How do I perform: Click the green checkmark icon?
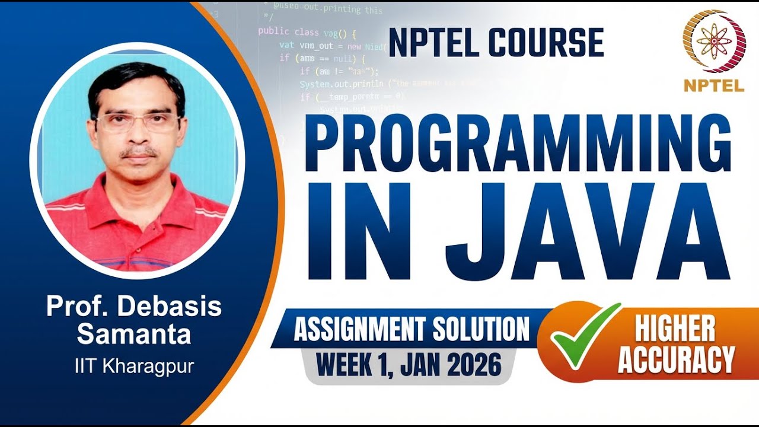tap(584, 335)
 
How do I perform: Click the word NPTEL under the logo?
tap(714, 85)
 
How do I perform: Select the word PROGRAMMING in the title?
tap(517, 144)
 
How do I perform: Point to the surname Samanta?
tap(134, 334)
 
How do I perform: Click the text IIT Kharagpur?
tap(134, 366)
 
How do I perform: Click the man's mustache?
tap(139, 152)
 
